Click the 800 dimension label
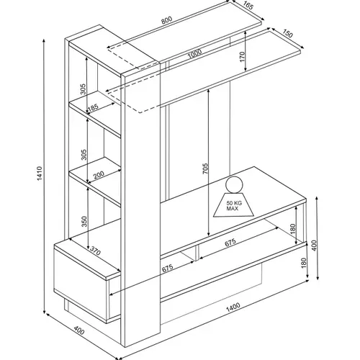click(166, 20)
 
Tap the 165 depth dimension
click(248, 6)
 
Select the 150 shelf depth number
click(287, 34)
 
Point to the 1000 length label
click(194, 54)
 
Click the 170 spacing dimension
click(242, 57)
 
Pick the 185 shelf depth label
click(93, 107)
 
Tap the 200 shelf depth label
click(99, 175)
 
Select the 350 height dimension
click(84, 222)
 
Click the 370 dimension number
click(95, 251)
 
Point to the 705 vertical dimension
click(205, 168)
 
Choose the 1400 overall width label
click(233, 307)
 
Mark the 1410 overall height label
click(40, 173)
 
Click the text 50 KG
click(234, 203)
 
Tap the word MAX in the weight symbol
click(233, 209)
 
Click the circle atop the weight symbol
click(234, 184)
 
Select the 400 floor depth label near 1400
click(79, 330)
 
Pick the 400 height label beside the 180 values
click(314, 246)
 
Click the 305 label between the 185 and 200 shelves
click(84, 155)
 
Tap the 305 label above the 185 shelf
click(83, 89)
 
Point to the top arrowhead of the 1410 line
click(44, 40)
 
